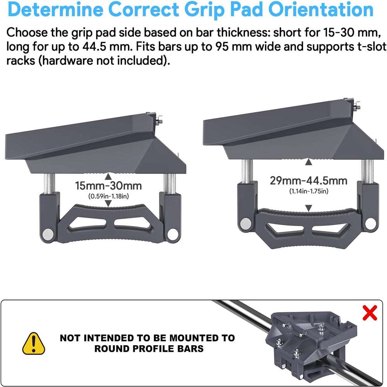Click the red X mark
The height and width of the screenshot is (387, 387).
coord(370,313)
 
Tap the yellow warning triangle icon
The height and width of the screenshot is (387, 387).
coord(34,343)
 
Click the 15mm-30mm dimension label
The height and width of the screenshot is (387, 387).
coord(108,186)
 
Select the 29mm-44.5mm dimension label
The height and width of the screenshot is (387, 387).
coord(308,181)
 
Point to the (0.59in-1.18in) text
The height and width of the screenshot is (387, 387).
coord(109,196)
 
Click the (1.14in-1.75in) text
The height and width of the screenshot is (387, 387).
coord(309,191)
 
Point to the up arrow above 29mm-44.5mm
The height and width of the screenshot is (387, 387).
coord(308,162)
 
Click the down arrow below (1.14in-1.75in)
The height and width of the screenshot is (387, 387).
coord(308,208)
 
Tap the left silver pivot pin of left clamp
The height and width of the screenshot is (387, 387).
coord(48,234)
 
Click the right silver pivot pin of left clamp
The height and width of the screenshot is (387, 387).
coord(173,234)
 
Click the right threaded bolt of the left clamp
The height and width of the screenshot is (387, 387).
coord(170,184)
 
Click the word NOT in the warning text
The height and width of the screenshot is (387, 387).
coord(70,338)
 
